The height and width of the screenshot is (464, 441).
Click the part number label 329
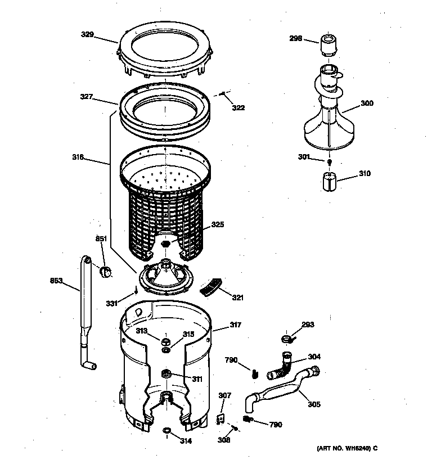click(87, 35)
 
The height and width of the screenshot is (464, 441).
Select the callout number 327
click(86, 97)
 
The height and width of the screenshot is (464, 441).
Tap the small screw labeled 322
click(224, 94)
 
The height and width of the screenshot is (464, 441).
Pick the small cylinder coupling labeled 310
click(328, 182)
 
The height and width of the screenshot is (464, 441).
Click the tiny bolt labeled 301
click(329, 162)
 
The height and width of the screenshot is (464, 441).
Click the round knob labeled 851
click(105, 273)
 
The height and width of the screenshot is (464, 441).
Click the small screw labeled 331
click(136, 291)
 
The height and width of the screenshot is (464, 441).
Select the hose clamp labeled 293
click(286, 339)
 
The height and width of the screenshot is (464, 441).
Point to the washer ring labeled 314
click(166, 431)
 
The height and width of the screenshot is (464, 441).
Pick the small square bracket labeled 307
click(221, 418)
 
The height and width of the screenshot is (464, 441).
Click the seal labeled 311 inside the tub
click(166, 374)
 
